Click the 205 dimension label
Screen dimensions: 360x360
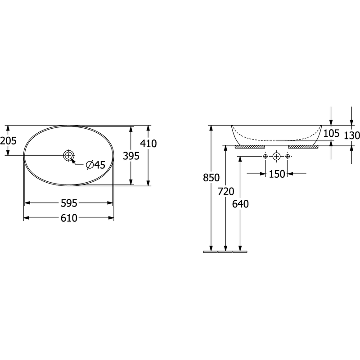point(8,141)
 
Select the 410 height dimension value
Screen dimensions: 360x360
point(148,144)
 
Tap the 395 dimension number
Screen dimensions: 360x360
point(131,156)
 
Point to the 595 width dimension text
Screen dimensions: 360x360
point(69,203)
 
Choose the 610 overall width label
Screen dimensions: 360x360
point(69,218)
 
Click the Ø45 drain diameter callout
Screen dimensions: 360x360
point(95,165)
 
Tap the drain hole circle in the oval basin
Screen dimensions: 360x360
point(69,156)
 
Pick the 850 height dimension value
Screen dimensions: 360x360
point(211,178)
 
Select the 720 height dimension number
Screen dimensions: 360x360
point(226,192)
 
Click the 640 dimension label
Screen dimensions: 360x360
point(240,204)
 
